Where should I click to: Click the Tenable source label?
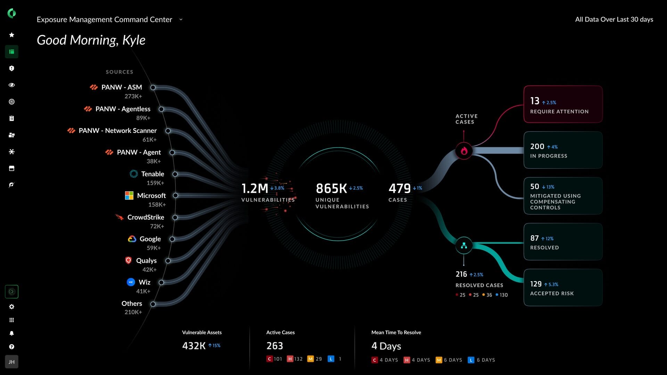click(153, 174)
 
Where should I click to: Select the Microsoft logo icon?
click(129, 195)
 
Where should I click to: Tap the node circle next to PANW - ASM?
click(153, 87)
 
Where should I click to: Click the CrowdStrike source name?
click(146, 217)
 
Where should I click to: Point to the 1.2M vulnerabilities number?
click(255, 189)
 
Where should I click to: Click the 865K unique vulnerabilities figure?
click(331, 189)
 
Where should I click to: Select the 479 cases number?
click(400, 189)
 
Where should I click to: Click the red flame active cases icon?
click(464, 151)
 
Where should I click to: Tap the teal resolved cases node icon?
click(464, 245)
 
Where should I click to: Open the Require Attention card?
click(563, 104)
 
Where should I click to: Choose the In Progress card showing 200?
click(563, 150)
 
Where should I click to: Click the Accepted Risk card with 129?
click(563, 287)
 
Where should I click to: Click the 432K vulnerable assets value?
click(194, 346)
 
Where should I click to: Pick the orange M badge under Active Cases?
click(310, 359)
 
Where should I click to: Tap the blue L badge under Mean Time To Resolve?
click(471, 360)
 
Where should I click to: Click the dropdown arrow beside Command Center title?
click(181, 19)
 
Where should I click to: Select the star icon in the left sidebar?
click(12, 35)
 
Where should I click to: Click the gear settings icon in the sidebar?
click(12, 307)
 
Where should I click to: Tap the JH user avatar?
click(12, 362)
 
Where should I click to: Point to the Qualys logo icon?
click(129, 260)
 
